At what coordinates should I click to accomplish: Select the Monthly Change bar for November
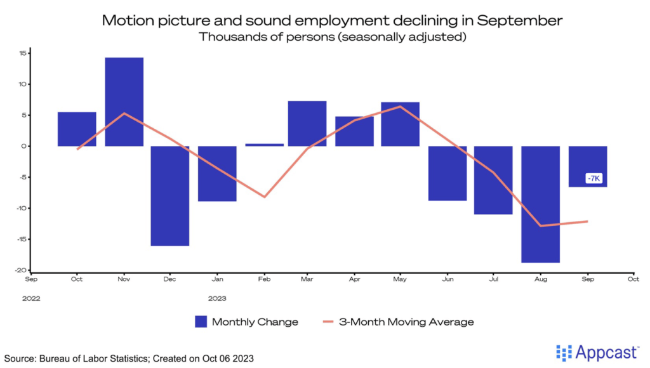[x=124, y=102]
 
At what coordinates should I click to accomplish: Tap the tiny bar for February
[x=264, y=145]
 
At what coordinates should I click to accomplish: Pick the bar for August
[x=541, y=204]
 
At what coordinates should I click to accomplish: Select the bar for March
[x=307, y=124]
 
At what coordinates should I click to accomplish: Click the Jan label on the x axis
[x=217, y=279]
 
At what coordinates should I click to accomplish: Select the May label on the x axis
[x=400, y=279]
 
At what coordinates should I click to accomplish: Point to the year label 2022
[x=31, y=298]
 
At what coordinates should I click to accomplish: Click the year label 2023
[x=217, y=298]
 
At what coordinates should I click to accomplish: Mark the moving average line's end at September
[x=587, y=221]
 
